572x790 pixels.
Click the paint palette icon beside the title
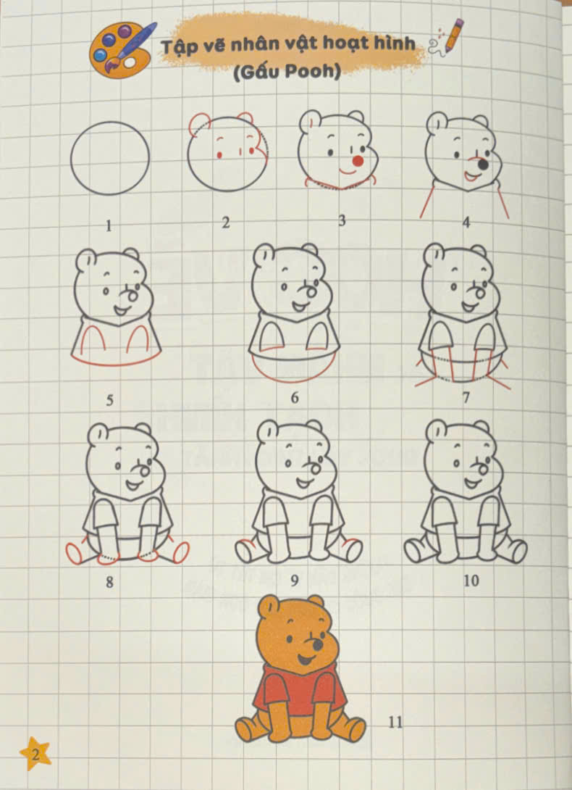pos(122,51)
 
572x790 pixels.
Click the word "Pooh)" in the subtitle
pos(314,72)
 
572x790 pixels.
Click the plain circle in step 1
pos(110,158)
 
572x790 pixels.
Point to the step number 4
pos(466,223)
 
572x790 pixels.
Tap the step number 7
pos(466,398)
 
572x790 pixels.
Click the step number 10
pos(471,581)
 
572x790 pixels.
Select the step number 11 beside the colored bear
pos(396,723)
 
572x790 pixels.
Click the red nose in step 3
pos(358,161)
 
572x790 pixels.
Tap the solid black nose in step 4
pos(484,165)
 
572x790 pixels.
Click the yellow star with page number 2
pos(35,754)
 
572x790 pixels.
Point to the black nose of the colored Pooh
pos(317,645)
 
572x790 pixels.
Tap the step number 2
pos(226,223)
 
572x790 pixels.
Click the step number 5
pos(109,401)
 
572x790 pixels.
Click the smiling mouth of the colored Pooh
pos(305,659)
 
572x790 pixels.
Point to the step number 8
pos(109,583)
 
